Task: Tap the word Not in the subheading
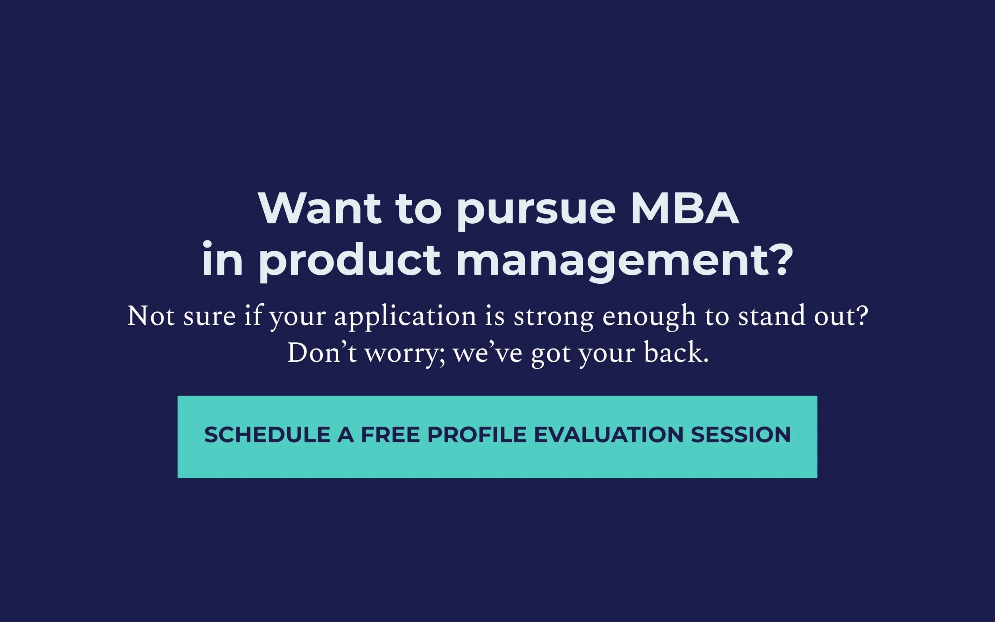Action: tap(150, 316)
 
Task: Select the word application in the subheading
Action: tap(405, 318)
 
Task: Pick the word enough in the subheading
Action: tap(649, 318)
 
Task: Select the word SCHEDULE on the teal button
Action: tap(267, 435)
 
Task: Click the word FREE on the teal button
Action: tap(390, 435)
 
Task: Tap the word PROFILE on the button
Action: tap(477, 435)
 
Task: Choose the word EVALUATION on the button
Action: tap(609, 435)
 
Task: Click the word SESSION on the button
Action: tap(740, 435)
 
